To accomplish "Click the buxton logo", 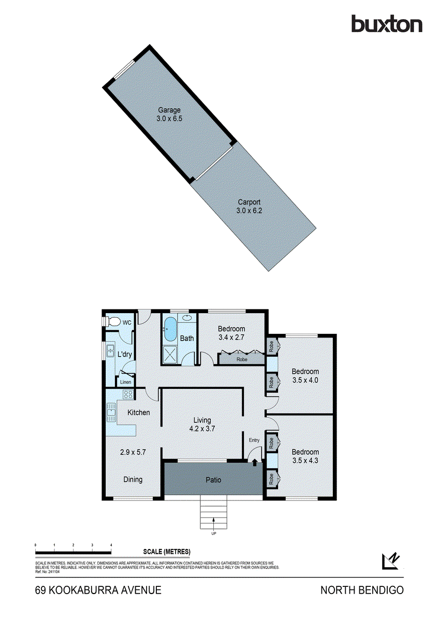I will point(387,24).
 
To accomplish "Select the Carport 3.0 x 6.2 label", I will point(249,206).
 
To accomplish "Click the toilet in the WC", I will point(110,321).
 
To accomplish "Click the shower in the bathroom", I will point(170,354).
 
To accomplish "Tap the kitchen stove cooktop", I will point(128,395).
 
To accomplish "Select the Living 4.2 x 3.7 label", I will point(202,424).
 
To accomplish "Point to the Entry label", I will point(254,440).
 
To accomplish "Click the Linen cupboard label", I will point(125,382).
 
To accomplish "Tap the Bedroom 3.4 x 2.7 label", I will point(231,333).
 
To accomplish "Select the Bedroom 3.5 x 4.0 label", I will point(305,375).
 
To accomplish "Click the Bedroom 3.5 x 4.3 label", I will point(305,456).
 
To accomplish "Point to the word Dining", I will point(133,479).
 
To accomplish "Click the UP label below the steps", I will point(213,534).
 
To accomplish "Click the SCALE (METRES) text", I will point(167,552).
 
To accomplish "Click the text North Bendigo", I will point(362,590).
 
